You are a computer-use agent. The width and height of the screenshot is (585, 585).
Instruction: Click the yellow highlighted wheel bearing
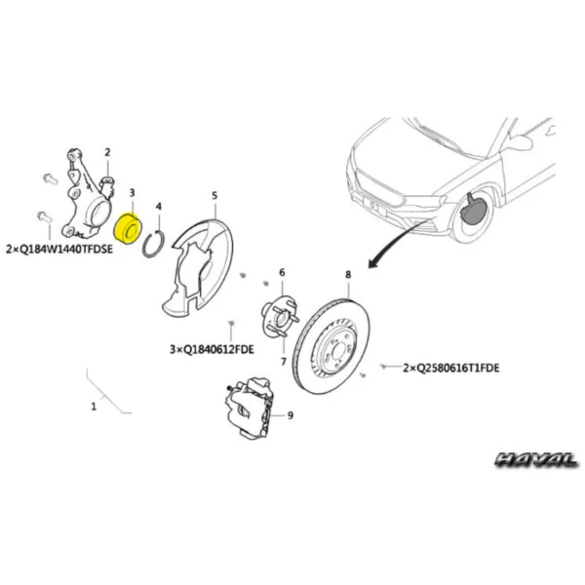pyautogui.click(x=127, y=228)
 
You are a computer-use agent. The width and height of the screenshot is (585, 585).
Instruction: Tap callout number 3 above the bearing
pyautogui.click(x=132, y=193)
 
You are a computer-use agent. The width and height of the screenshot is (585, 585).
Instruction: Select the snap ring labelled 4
pyautogui.click(x=153, y=244)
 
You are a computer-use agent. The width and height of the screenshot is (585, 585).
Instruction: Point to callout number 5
pyautogui.click(x=214, y=196)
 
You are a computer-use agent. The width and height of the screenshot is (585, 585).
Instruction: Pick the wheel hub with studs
pyautogui.click(x=280, y=316)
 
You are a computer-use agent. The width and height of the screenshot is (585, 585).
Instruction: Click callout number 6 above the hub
pyautogui.click(x=282, y=273)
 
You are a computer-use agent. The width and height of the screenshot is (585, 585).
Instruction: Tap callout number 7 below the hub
pyautogui.click(x=284, y=361)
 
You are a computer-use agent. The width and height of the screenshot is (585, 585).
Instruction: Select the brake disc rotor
pyautogui.click(x=331, y=346)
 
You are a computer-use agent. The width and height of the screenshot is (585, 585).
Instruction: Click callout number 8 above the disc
pyautogui.click(x=348, y=275)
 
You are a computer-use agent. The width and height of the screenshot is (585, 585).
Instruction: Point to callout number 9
pyautogui.click(x=291, y=415)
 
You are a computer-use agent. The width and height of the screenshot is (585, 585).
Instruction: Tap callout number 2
pyautogui.click(x=107, y=152)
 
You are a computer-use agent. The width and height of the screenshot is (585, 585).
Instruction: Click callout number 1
pyautogui.click(x=94, y=407)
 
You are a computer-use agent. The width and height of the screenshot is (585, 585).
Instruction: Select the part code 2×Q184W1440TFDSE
pyautogui.click(x=59, y=249)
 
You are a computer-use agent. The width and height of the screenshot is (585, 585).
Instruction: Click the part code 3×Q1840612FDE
pyautogui.click(x=212, y=350)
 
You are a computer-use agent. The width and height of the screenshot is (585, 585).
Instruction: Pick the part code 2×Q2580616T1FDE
pyautogui.click(x=451, y=369)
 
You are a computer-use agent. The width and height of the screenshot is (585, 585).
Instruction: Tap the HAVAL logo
pyautogui.click(x=536, y=459)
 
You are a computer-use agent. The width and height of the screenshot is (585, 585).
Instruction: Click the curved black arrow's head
pyautogui.click(x=373, y=262)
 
